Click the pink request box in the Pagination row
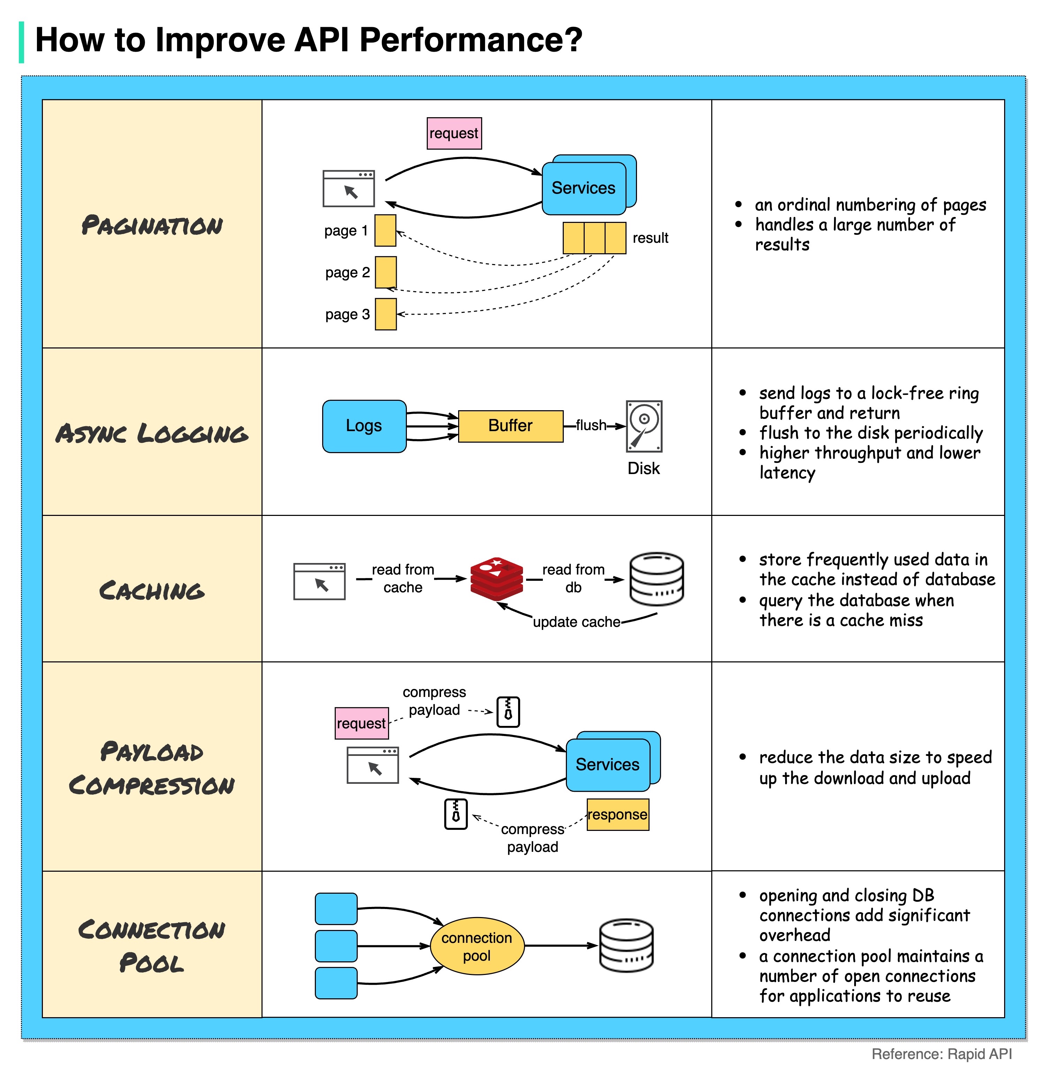point(454,134)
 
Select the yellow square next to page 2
point(385,272)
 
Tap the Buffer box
point(510,426)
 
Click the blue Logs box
point(364,426)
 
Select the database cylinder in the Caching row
point(656,579)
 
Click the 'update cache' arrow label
point(576,622)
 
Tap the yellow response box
point(617,814)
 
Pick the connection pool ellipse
point(476,946)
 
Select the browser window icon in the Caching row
point(319,581)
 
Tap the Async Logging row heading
point(152,434)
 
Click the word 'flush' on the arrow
point(591,425)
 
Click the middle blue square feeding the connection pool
point(336,946)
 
